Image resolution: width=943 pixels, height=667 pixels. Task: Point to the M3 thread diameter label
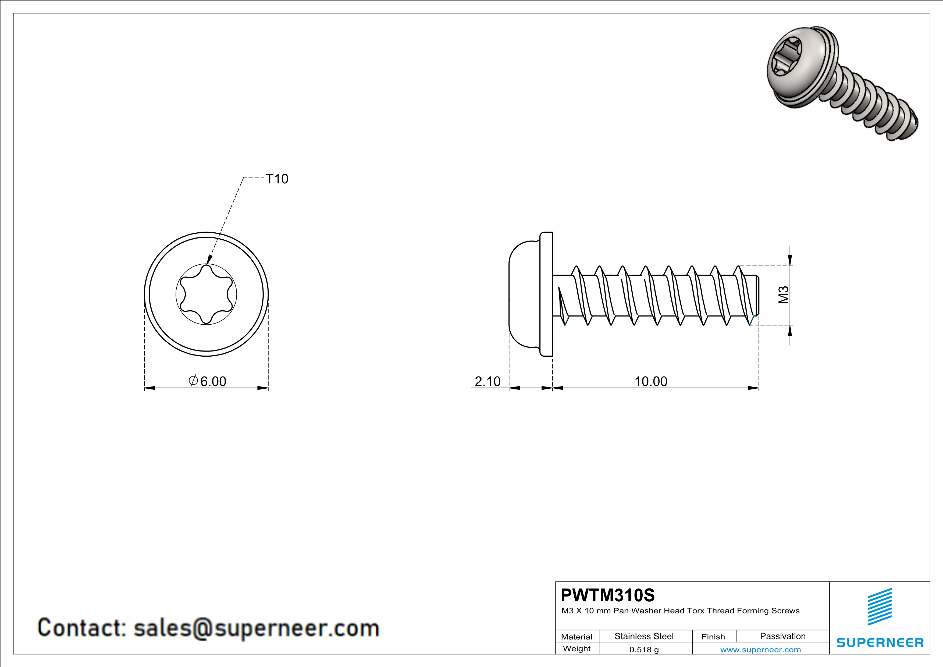(784, 295)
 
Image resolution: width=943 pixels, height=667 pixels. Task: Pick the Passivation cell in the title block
(782, 636)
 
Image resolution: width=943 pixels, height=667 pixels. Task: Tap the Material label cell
(577, 637)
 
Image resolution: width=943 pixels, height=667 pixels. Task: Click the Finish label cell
(713, 637)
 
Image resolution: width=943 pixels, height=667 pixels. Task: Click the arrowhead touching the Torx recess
(209, 260)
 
